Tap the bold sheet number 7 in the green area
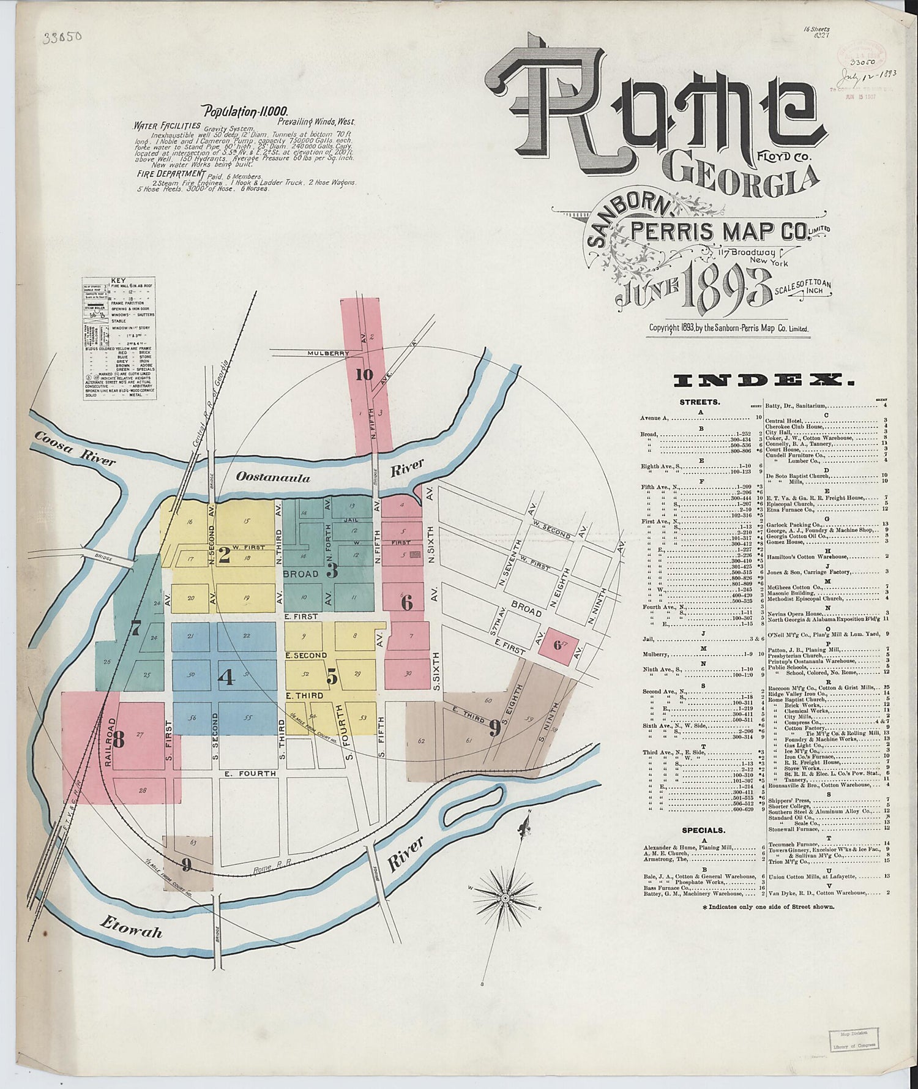tap(136, 628)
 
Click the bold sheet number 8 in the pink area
tap(118, 739)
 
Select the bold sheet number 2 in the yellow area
tap(224, 555)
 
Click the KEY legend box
tap(119, 340)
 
